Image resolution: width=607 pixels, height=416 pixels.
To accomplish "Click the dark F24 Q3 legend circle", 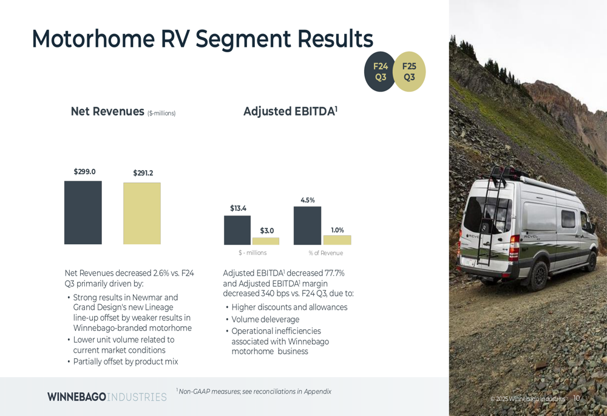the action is tap(379, 72).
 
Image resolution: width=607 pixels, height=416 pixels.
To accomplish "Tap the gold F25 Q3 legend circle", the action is tap(410, 72).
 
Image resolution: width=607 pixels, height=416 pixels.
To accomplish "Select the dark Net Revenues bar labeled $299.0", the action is tap(83, 213).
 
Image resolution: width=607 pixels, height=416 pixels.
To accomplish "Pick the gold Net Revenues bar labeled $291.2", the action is tap(142, 213).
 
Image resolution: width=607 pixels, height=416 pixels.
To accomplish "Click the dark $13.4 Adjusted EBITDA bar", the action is tap(237, 230).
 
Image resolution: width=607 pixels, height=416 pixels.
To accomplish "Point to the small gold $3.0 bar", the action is tap(266, 241).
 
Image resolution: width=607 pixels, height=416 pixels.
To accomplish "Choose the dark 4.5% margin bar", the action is tap(307, 225).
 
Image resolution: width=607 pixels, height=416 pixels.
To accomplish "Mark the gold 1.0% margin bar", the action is tap(337, 240).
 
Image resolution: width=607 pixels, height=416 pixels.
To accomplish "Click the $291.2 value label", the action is tap(143, 172).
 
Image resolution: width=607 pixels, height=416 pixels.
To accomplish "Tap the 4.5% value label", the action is tap(308, 200).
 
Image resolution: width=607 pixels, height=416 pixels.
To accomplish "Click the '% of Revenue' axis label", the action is tap(326, 253).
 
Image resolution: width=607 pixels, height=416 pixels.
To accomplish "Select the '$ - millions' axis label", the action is tap(253, 253).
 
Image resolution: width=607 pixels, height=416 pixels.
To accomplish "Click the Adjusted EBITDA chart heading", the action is tap(290, 111).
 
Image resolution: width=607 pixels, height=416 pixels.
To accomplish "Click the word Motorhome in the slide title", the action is tap(93, 38).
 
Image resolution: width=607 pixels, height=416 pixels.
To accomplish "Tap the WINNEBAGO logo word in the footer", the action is tap(76, 397).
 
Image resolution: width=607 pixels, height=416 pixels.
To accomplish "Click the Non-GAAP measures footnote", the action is tap(254, 391).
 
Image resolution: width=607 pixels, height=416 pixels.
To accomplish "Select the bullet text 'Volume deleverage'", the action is tap(266, 319).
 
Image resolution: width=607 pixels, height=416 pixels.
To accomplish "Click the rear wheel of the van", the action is tap(538, 276).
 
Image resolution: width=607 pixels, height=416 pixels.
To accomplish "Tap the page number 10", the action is tap(577, 398).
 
